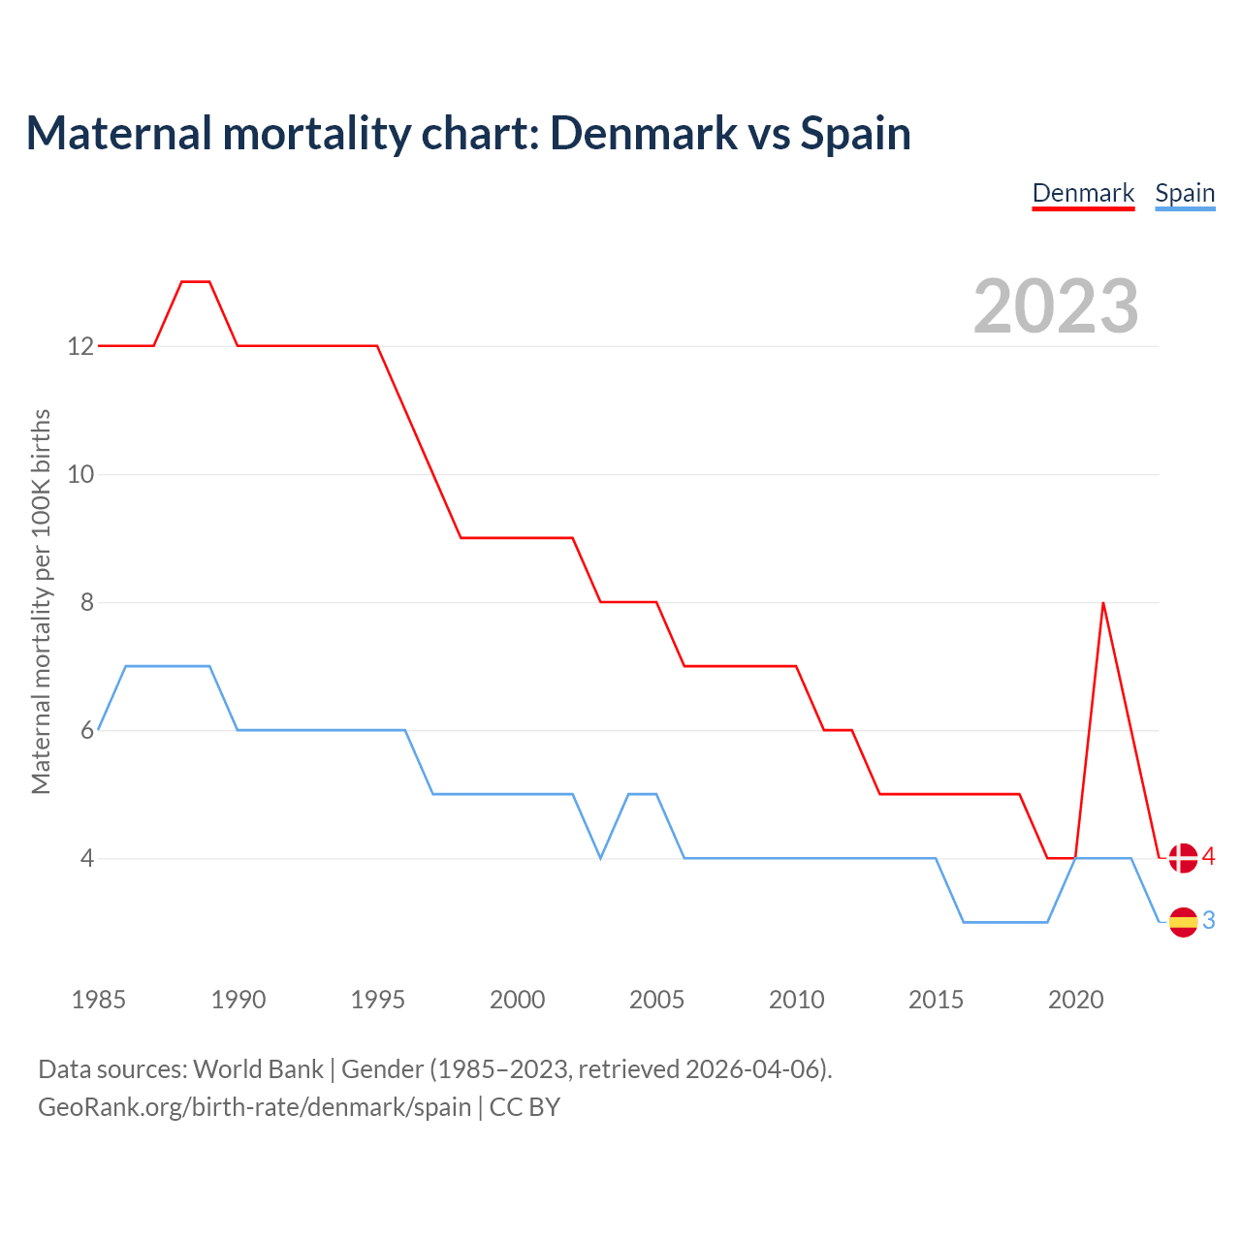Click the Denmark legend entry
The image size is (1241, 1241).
point(1083,193)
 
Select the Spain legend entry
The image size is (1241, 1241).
point(1185,193)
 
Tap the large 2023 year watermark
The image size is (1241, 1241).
point(1056,306)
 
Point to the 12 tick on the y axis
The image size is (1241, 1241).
point(80,346)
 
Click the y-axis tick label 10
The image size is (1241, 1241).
point(80,474)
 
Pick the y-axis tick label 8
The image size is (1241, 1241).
point(87,602)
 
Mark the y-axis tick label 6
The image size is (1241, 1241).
point(87,730)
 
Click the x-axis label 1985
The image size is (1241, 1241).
point(99,1000)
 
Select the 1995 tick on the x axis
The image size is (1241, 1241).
point(378,1000)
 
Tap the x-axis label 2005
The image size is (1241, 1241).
point(657,1000)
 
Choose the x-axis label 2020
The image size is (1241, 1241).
point(1076,1000)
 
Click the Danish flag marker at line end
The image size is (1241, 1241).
point(1183,858)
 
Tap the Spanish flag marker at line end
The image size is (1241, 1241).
point(1183,922)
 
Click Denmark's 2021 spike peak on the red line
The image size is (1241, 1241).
point(1103,603)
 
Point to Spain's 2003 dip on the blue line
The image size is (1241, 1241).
point(601,858)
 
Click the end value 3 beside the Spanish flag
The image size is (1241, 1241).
point(1209,920)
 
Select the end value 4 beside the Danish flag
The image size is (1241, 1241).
point(1209,856)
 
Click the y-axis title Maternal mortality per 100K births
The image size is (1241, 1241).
point(41,601)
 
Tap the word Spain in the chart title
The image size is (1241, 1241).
point(855,133)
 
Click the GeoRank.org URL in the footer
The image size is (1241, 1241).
point(254,1106)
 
